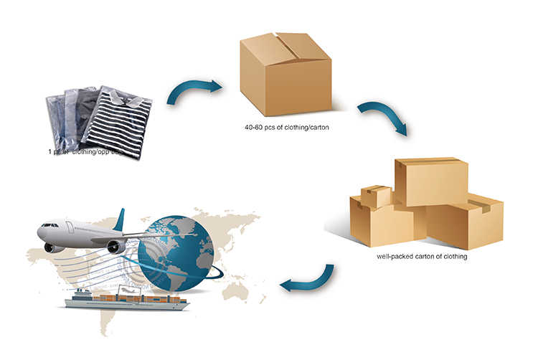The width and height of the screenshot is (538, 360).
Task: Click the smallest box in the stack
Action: pos(376,196)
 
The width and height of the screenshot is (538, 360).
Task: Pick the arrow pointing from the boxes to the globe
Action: pos(307,280)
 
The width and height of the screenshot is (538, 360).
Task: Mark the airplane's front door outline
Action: pos(70,227)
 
